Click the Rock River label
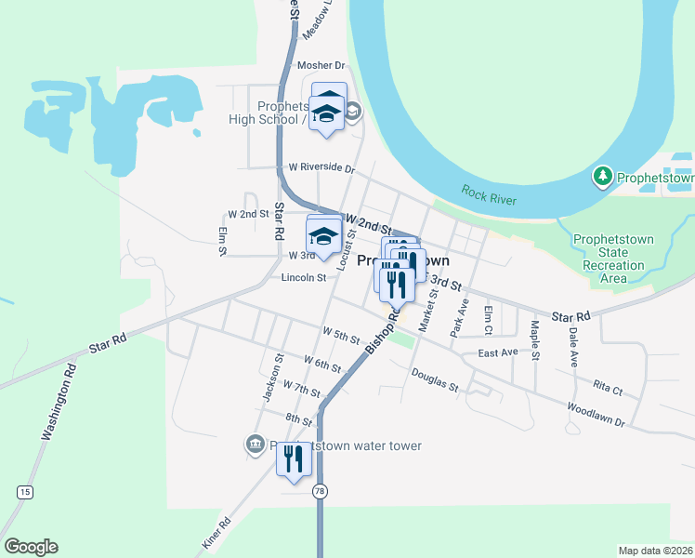point(489,195)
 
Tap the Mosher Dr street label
point(321,66)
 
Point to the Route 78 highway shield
point(320,490)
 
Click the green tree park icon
point(603,176)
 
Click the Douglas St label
point(435,379)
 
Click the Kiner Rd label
point(216,533)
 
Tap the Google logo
point(32,547)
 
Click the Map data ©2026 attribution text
point(653,551)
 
